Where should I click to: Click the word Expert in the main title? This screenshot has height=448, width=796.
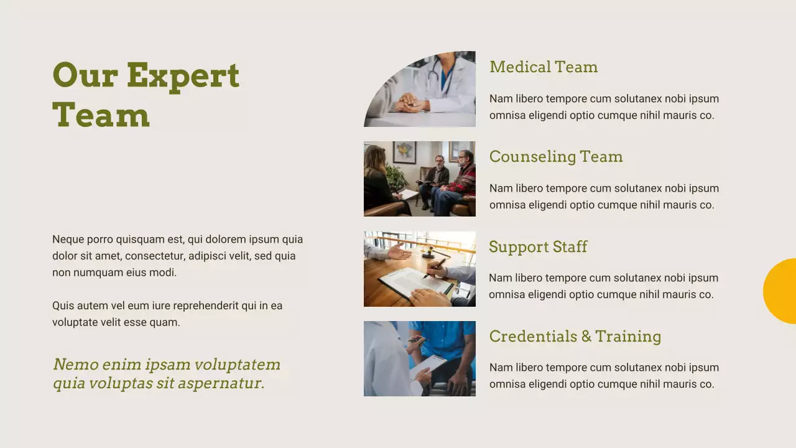[x=183, y=76]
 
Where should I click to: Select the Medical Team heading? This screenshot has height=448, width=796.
[x=544, y=67]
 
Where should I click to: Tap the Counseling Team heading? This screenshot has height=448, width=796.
[x=555, y=157]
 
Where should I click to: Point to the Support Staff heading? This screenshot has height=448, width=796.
[x=538, y=247]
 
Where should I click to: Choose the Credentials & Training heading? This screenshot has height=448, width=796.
[x=575, y=337]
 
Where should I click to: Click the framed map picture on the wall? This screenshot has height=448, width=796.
[x=404, y=152]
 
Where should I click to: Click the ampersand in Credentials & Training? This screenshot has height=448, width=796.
[x=586, y=337]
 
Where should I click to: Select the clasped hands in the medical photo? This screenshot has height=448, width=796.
[x=411, y=103]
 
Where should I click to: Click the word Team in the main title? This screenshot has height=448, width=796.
[x=101, y=116]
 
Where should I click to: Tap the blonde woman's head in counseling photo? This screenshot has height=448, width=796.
[x=374, y=157]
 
